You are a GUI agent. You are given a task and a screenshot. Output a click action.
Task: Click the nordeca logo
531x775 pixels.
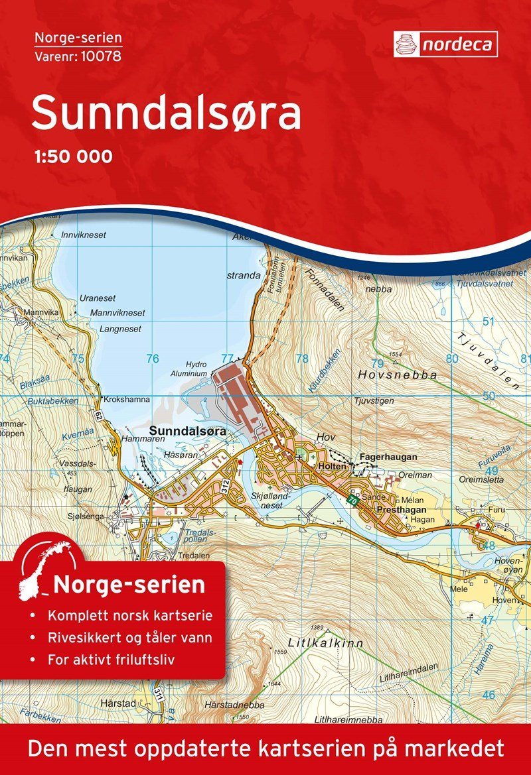coord(445,44)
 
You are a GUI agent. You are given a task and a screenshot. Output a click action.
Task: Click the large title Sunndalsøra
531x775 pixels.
coord(166,114)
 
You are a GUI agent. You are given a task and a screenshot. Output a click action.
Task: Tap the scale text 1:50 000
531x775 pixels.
coord(72,157)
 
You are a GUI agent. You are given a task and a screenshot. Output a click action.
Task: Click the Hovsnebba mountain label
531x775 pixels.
coord(397,375)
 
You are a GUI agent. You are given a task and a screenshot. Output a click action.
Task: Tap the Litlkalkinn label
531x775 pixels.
coord(316,642)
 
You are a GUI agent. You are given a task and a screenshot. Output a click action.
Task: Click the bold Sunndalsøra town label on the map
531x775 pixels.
coord(189,430)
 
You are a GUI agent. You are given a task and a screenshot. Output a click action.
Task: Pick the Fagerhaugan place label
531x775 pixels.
coord(388,457)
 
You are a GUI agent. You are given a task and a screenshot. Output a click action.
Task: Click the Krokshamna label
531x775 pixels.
coord(125,400)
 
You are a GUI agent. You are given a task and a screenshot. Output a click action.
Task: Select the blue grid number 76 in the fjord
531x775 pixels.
coord(153,359)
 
